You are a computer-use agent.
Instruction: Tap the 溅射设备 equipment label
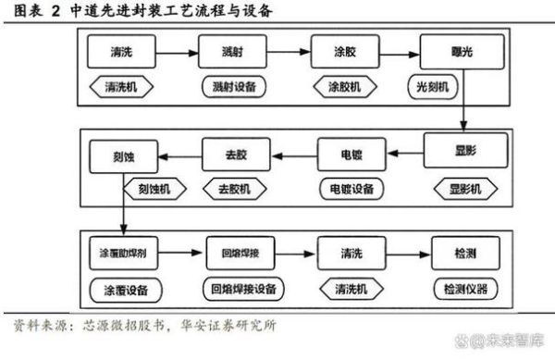232,88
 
